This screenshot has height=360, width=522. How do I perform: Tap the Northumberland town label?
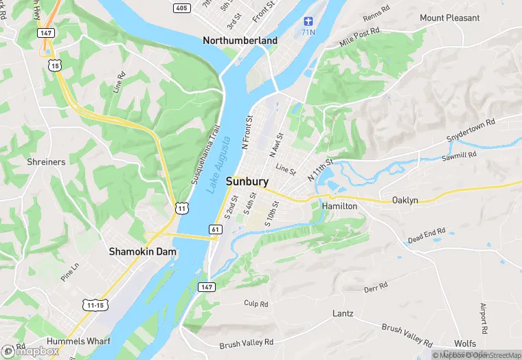coord(240,41)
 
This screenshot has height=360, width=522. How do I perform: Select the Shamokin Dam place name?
coord(142,252)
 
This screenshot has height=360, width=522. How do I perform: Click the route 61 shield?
coord(216,229)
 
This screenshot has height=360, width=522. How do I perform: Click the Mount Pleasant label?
coord(449,18)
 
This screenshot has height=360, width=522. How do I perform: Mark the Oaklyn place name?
coord(405,200)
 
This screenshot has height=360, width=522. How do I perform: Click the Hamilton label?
coord(339,206)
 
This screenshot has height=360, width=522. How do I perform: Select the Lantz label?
coord(342,313)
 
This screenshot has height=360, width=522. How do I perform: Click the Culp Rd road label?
coord(256,304)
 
